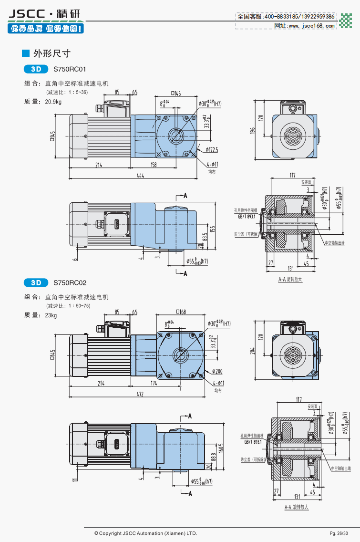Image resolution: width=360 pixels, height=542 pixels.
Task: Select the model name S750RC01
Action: pyautogui.click(x=70, y=69)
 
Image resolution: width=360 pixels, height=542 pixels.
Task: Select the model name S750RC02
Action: pyautogui.click(x=70, y=282)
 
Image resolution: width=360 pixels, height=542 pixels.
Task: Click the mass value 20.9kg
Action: pyautogui.click(x=53, y=102)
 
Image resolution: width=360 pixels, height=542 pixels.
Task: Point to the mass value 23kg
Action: pyautogui.click(x=51, y=315)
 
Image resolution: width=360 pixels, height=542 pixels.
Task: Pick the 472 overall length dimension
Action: pyautogui.click(x=140, y=394)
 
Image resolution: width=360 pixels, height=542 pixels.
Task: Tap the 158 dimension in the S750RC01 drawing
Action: pyautogui.click(x=154, y=165)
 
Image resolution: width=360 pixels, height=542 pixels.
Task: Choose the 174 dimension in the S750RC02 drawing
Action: pyautogui.click(x=154, y=383)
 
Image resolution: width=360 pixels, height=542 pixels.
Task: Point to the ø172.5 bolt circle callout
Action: pyautogui.click(x=212, y=149)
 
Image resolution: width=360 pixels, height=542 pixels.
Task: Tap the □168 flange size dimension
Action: pyautogui.click(x=181, y=313)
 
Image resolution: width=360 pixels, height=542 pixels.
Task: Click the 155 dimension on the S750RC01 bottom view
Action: pyautogui.click(x=213, y=229)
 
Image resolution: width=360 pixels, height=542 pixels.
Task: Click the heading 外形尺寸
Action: pyautogui.click(x=52, y=53)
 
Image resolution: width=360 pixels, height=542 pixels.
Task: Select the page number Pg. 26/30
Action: pyautogui.click(x=339, y=533)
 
